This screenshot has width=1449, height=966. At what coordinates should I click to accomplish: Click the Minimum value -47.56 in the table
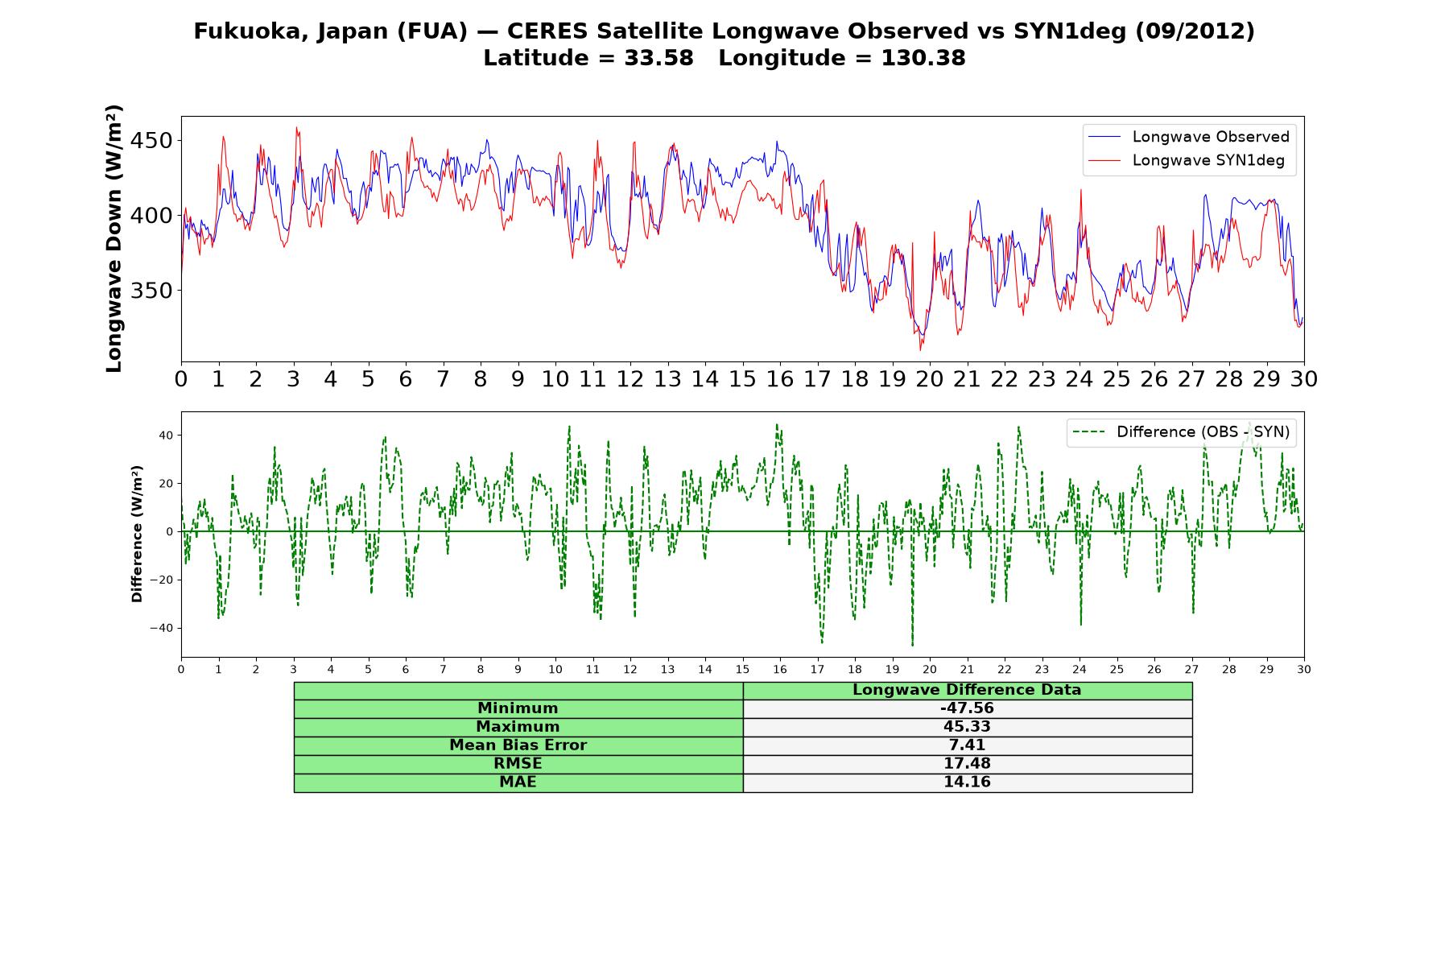click(967, 708)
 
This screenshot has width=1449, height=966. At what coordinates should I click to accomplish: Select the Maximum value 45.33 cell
click(967, 727)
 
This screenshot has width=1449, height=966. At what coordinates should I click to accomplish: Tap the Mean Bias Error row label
click(518, 745)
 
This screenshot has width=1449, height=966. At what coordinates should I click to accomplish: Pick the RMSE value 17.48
click(967, 764)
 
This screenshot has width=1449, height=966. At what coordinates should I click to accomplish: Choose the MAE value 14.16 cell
click(967, 782)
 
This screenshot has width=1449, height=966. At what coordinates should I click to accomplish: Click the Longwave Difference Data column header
click(967, 690)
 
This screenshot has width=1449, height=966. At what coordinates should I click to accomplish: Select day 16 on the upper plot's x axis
click(779, 379)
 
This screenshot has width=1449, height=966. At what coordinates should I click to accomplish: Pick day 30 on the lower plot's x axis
click(1304, 669)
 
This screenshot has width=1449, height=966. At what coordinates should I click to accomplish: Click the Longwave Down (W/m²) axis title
click(114, 238)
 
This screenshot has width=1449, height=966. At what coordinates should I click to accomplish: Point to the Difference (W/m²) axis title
click(137, 534)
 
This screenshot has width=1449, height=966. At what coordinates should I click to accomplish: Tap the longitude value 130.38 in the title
click(923, 58)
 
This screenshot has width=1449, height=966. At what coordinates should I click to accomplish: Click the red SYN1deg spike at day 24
click(1080, 191)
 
